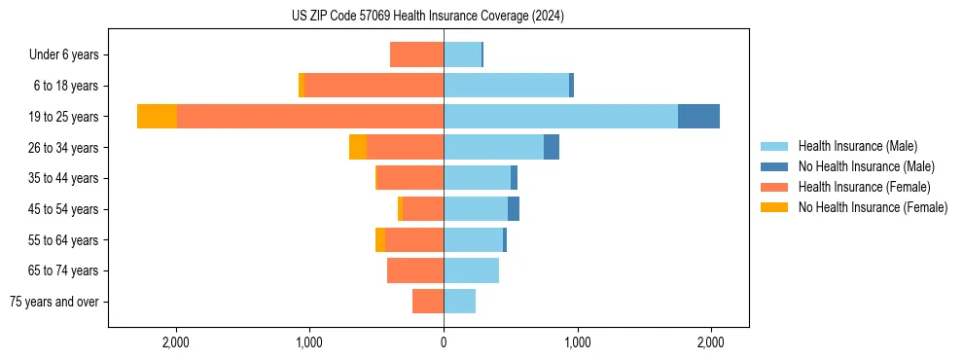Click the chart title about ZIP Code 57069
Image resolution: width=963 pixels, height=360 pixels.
tap(427, 16)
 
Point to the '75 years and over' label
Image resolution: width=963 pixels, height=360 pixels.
tap(54, 302)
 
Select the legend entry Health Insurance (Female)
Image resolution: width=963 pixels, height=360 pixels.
tap(864, 187)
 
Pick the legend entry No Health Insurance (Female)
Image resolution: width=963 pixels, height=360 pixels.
tap(873, 207)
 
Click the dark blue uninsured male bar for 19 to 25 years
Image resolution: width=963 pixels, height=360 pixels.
tap(698, 116)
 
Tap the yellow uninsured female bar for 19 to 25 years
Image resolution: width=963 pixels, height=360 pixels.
tap(157, 116)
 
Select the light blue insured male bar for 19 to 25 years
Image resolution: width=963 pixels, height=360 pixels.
tap(560, 116)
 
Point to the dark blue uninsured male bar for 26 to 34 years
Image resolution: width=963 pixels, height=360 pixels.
tap(552, 147)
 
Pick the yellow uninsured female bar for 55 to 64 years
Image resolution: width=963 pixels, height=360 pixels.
tap(380, 239)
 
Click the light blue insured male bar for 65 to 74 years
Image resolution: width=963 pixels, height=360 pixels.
tap(472, 270)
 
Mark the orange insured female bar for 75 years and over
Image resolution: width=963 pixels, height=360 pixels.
tap(428, 302)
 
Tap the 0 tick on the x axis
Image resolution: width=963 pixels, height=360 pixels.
tap(444, 342)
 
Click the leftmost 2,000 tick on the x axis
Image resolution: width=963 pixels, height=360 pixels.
tap(176, 342)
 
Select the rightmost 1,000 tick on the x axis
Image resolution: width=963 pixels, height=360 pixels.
tap(577, 342)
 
